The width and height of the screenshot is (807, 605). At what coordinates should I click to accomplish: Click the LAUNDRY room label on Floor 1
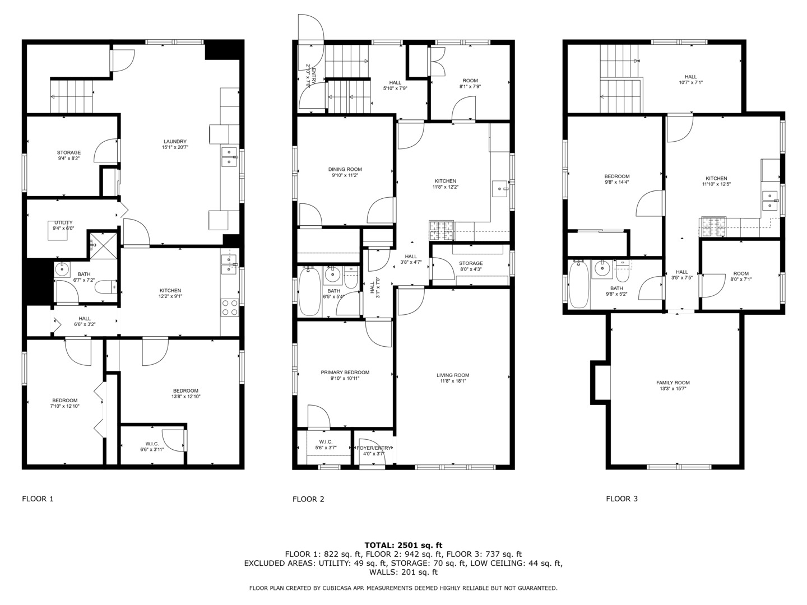(175, 142)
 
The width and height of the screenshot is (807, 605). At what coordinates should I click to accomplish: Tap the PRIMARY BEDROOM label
(345, 373)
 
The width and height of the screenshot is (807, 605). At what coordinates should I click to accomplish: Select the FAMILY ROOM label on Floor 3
(673, 383)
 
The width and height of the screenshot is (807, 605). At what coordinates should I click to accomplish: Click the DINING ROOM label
(345, 169)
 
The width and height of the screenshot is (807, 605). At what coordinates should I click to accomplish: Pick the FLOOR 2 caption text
(308, 499)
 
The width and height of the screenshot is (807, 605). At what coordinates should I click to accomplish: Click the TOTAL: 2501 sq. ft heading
(403, 545)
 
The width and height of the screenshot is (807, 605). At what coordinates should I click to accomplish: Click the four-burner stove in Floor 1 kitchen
(230, 308)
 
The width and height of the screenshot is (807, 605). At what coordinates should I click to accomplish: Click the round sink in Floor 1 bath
(62, 270)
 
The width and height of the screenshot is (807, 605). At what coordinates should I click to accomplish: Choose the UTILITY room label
(63, 222)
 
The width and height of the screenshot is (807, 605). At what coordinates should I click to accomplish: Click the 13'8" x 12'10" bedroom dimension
(185, 397)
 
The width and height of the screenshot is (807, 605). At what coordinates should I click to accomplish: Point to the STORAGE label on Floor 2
(470, 263)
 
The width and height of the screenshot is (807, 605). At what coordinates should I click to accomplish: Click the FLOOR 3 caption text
(622, 499)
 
